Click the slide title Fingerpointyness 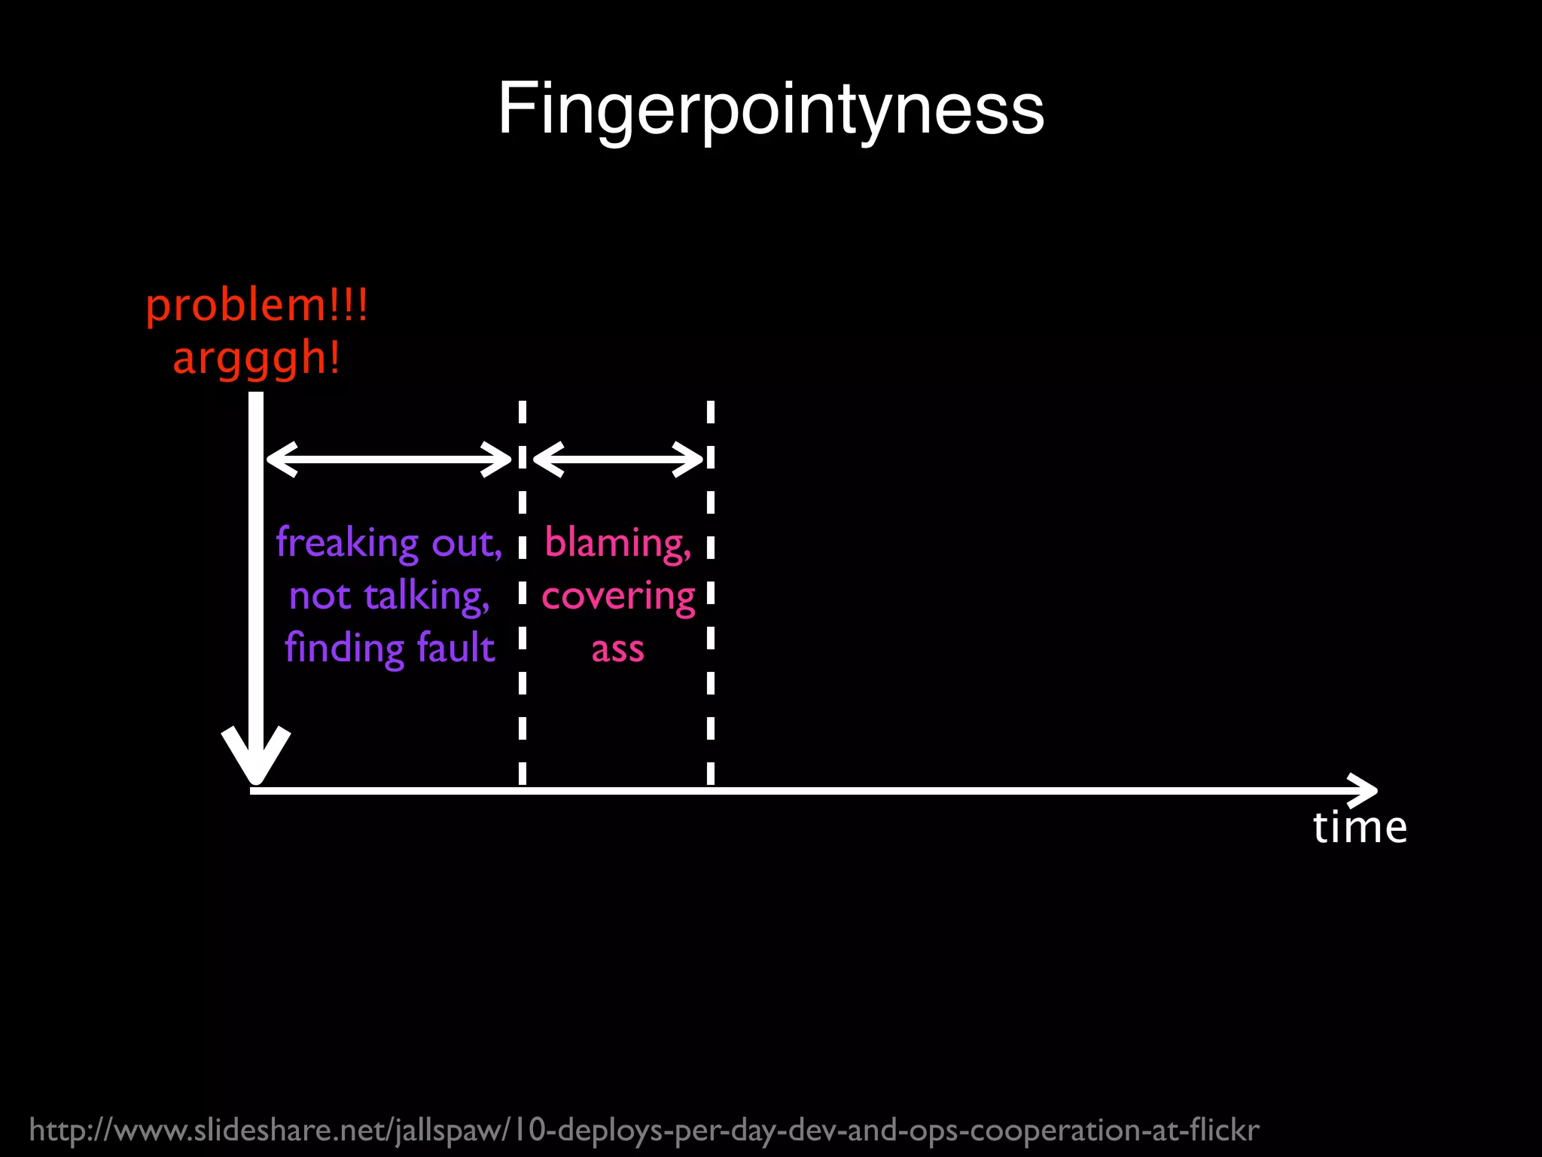[x=771, y=109]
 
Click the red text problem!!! [x=257, y=305]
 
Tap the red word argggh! [x=257, y=358]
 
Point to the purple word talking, [x=427, y=596]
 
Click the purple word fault [x=456, y=647]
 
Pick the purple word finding [x=346, y=649]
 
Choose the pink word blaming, [x=617, y=542]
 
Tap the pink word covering [x=618, y=597]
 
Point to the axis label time [x=1360, y=827]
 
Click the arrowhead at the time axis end [x=1364, y=790]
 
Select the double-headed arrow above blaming [x=617, y=459]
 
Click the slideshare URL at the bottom [x=644, y=1130]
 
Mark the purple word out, [x=467, y=542]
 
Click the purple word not [x=320, y=596]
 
